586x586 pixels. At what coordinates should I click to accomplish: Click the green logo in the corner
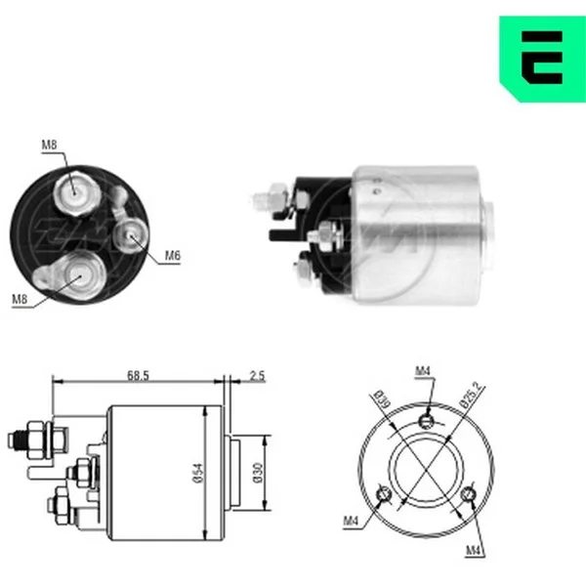click(543, 59)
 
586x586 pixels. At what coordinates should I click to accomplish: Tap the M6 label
click(173, 256)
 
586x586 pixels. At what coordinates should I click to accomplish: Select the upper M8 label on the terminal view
click(49, 145)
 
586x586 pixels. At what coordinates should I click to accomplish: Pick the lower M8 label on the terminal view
click(20, 299)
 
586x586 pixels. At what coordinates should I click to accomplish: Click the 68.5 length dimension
click(138, 375)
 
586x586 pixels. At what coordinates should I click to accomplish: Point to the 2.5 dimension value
click(257, 375)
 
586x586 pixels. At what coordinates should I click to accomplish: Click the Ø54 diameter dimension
click(199, 473)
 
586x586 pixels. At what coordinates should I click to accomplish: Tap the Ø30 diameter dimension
click(258, 473)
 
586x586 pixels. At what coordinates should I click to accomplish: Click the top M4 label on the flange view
click(423, 371)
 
